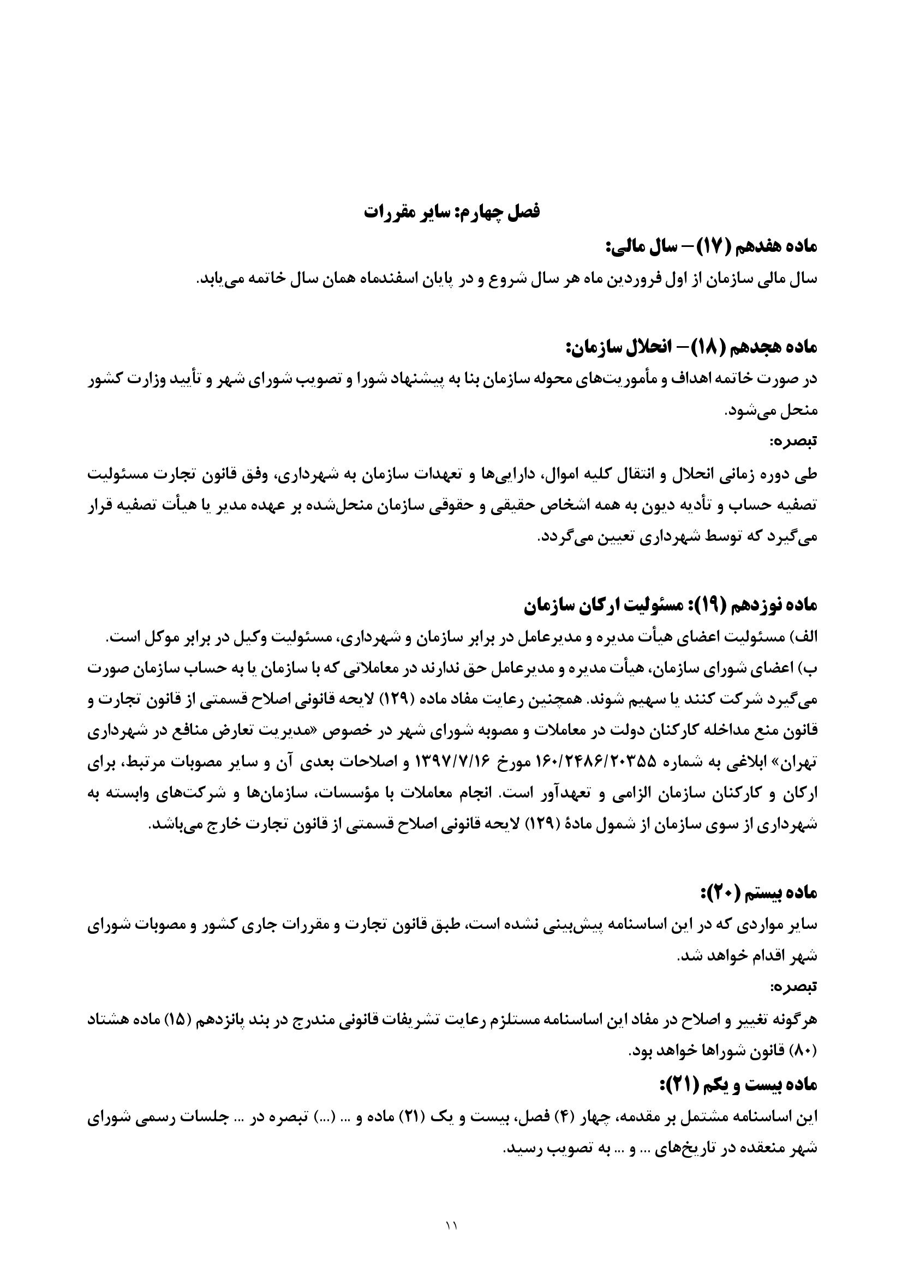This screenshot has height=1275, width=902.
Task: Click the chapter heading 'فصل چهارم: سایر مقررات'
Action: tap(451, 212)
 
